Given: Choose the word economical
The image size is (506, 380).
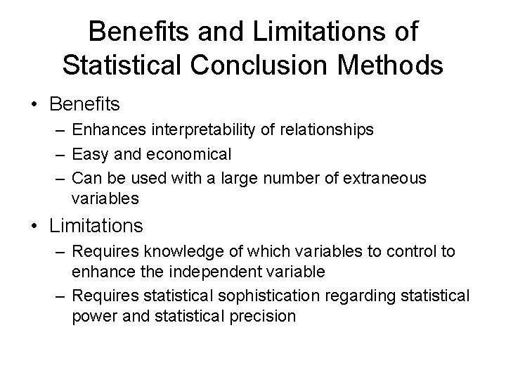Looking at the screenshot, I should pos(182,153).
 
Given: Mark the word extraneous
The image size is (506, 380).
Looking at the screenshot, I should pos(386,177).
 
